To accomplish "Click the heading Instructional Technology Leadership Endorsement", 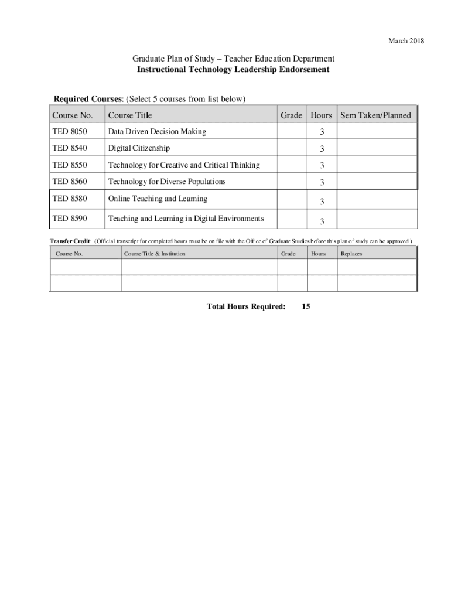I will click(233, 69).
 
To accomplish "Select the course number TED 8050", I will click(69, 132).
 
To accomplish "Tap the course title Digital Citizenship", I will click(139, 148).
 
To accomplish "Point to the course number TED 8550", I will click(69, 165).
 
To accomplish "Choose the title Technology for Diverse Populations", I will click(167, 182).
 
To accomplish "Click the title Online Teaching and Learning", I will click(158, 199).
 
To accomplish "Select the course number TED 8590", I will click(69, 219).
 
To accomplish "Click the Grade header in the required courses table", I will click(291, 115).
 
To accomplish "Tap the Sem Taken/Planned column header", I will click(375, 115).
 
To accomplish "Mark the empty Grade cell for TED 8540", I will click(291, 148).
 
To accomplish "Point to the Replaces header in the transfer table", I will click(351, 254).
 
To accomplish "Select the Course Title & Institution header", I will click(155, 254).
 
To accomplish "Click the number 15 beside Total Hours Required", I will click(306, 306).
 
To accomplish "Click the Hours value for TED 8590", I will click(322, 221).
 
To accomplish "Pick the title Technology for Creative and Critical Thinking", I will click(183, 165).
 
